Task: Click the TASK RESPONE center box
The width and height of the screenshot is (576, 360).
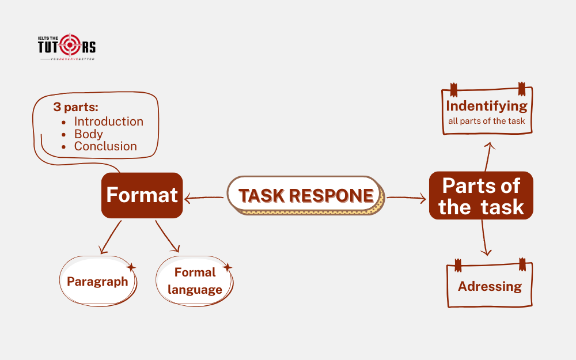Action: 305,196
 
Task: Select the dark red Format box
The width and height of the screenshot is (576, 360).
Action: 142,195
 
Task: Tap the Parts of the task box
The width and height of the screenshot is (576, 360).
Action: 481,196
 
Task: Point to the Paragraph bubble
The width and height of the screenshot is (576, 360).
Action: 97,282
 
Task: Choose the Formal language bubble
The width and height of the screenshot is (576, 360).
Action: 195,281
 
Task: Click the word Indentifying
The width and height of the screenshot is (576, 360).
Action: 487,106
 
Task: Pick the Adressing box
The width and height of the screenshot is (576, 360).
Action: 490,286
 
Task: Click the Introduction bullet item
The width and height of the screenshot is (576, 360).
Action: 108,122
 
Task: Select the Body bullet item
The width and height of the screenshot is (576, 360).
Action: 88,134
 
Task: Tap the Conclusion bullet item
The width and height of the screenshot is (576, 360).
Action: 105,146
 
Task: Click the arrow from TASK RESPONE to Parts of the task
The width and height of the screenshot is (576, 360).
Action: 406,198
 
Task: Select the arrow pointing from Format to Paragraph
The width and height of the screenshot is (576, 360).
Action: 111,237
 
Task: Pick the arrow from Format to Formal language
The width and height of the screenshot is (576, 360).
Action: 168,237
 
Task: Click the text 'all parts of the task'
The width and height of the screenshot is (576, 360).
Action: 487,121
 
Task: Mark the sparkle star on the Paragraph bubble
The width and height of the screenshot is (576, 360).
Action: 131,267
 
